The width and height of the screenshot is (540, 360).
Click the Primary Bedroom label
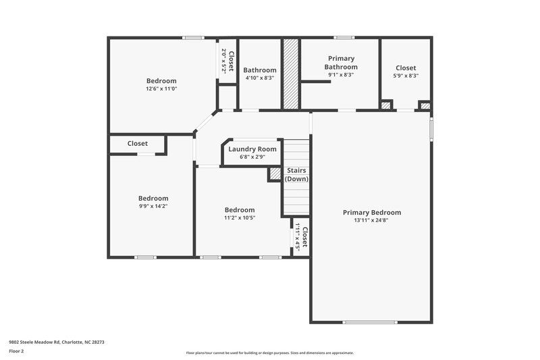click(x=371, y=212)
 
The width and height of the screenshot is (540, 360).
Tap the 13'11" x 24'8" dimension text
click(x=371, y=220)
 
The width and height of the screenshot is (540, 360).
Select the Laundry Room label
click(x=252, y=149)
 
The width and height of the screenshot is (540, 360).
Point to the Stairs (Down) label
click(x=296, y=175)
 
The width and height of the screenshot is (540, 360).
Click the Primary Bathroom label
click(x=341, y=63)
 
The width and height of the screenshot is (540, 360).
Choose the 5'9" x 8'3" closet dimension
click(x=406, y=76)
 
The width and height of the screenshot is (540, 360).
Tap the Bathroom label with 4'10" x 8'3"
click(x=260, y=70)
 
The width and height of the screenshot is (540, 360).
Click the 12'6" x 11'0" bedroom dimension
click(x=161, y=89)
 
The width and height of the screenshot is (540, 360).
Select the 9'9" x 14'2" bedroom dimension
click(x=153, y=206)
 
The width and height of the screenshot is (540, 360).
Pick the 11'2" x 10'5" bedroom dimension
click(x=240, y=217)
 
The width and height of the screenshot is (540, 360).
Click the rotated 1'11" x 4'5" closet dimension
click(x=297, y=236)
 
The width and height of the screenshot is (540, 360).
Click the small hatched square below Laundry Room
click(x=275, y=174)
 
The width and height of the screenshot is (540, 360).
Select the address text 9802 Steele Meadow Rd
click(x=56, y=342)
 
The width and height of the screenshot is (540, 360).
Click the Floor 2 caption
click(x=16, y=351)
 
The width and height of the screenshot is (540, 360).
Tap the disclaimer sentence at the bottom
click(x=269, y=353)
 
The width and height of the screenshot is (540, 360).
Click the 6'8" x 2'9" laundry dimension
click(x=252, y=157)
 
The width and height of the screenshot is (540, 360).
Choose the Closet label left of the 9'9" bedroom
click(x=138, y=143)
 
